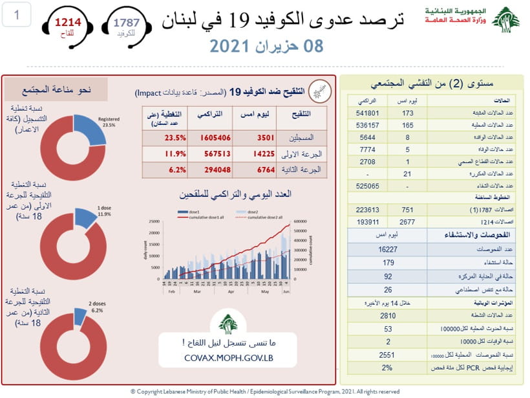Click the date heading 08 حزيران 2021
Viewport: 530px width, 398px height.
pyautogui.click(x=266, y=46)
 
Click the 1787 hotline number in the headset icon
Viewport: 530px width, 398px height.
pyautogui.click(x=127, y=23)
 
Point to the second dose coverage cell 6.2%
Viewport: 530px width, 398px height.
pyautogui.click(x=175, y=170)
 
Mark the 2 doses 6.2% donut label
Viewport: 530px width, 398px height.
pyautogui.click(x=97, y=307)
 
